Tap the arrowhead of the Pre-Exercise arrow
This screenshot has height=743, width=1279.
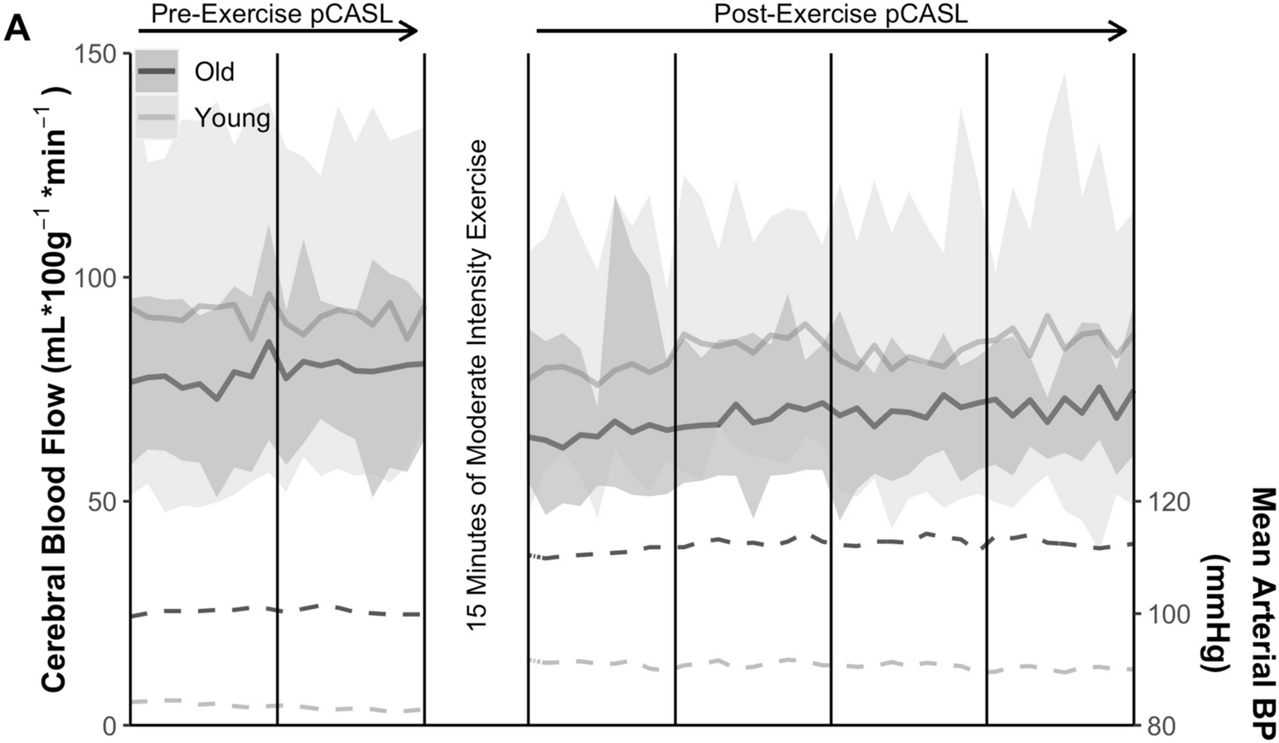(x=411, y=32)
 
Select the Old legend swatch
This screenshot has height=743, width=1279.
(x=156, y=71)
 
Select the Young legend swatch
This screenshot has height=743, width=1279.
(x=156, y=117)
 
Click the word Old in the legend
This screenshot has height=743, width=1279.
(x=214, y=72)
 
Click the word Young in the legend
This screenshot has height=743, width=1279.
(x=232, y=118)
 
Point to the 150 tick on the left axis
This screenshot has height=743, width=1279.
(x=96, y=54)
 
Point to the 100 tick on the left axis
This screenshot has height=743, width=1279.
(x=96, y=278)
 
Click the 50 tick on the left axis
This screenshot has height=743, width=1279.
(x=102, y=501)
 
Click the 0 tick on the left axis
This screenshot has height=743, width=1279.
(x=109, y=726)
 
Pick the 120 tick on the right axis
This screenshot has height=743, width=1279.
(x=1168, y=501)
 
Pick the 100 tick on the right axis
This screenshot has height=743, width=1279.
(x=1168, y=614)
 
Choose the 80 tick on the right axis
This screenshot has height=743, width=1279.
(x=1163, y=726)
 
